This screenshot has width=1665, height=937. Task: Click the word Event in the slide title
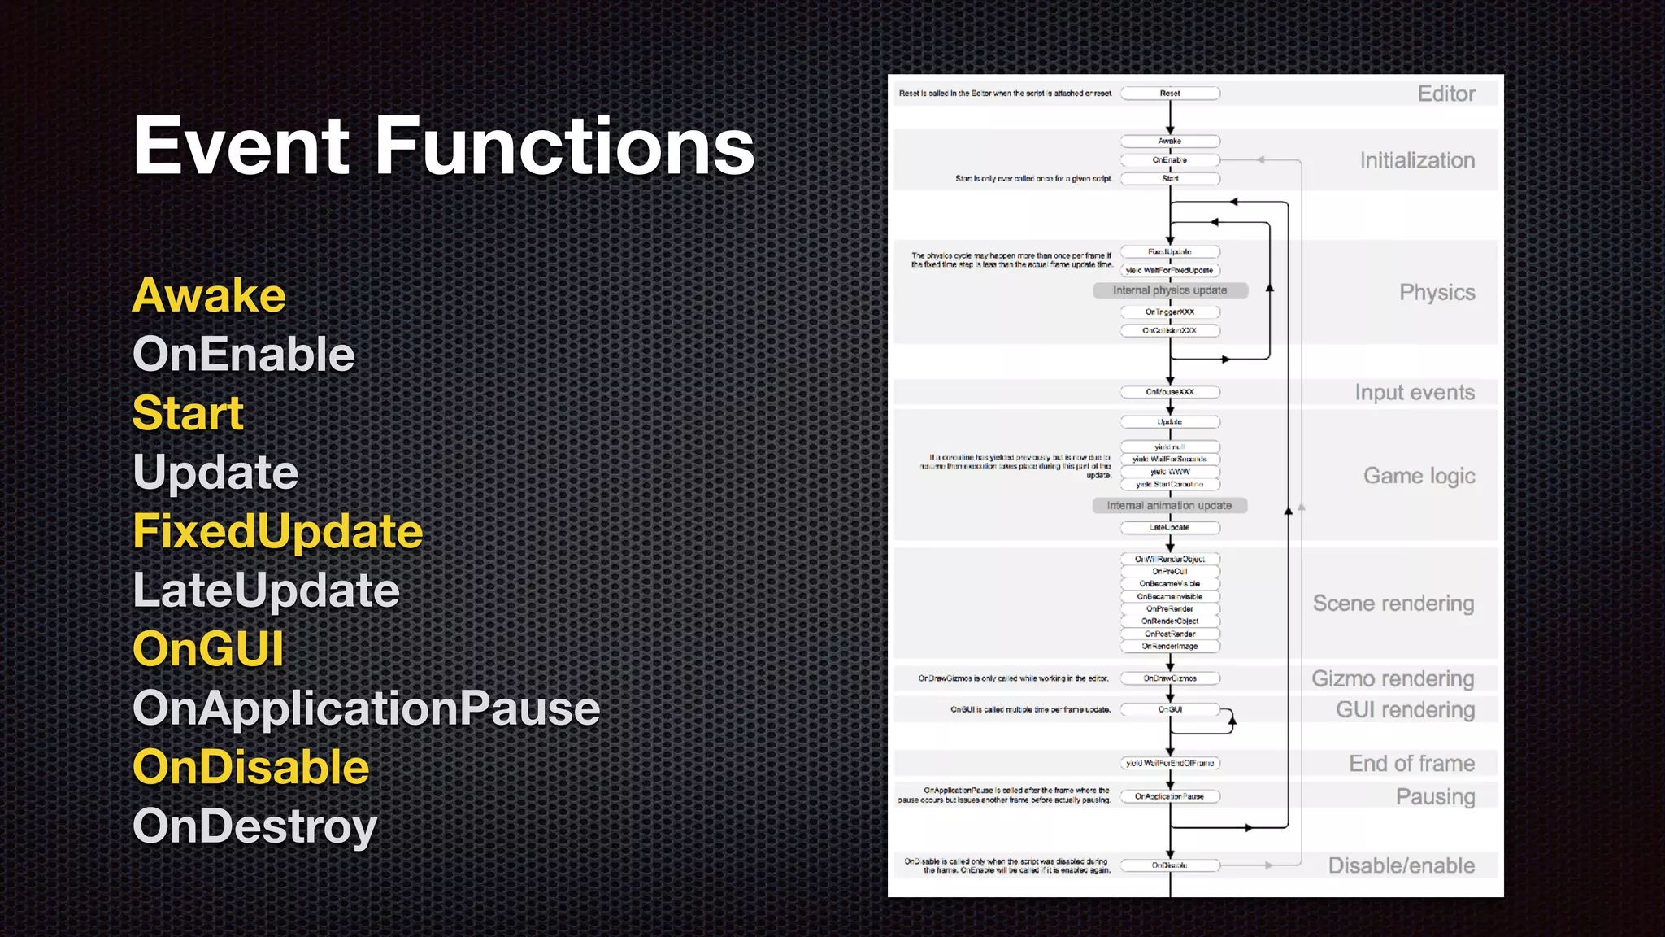241,146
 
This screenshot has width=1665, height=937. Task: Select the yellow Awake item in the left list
209,295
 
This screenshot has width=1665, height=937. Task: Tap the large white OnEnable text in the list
244,355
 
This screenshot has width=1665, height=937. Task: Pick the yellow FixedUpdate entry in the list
278,532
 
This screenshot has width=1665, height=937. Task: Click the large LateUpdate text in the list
266,591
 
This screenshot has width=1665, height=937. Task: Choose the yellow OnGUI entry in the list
208,649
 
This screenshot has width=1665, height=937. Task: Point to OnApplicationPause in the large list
366,708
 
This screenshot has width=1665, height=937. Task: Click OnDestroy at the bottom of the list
254,826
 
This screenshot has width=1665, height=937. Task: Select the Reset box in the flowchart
1170,94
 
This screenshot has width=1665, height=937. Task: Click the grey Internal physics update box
1170,290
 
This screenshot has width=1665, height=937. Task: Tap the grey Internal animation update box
1169,506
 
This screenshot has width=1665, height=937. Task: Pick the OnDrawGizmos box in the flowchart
1170,678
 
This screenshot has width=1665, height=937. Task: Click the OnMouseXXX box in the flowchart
1170,392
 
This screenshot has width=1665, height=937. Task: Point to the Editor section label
1446,94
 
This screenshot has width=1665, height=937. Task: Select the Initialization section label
1417,161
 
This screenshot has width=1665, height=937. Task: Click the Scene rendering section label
1393,604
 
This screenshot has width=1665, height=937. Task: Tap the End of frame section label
1411,764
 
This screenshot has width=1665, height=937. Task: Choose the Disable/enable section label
1401,865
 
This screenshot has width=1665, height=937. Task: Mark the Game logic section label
1419,476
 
